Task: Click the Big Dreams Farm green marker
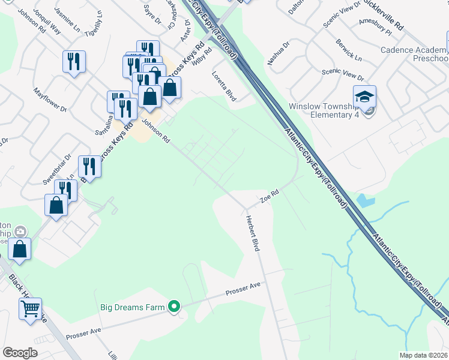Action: (x=174, y=307)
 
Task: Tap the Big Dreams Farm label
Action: (x=131, y=307)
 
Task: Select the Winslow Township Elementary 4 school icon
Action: (x=364, y=96)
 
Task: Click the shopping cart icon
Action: (x=30, y=308)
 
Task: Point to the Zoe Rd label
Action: (x=270, y=197)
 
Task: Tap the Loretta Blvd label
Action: (x=224, y=86)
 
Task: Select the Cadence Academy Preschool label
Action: (x=414, y=54)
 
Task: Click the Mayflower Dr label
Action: (x=50, y=100)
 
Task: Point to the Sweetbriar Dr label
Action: (x=56, y=169)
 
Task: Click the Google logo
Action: (x=20, y=353)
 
